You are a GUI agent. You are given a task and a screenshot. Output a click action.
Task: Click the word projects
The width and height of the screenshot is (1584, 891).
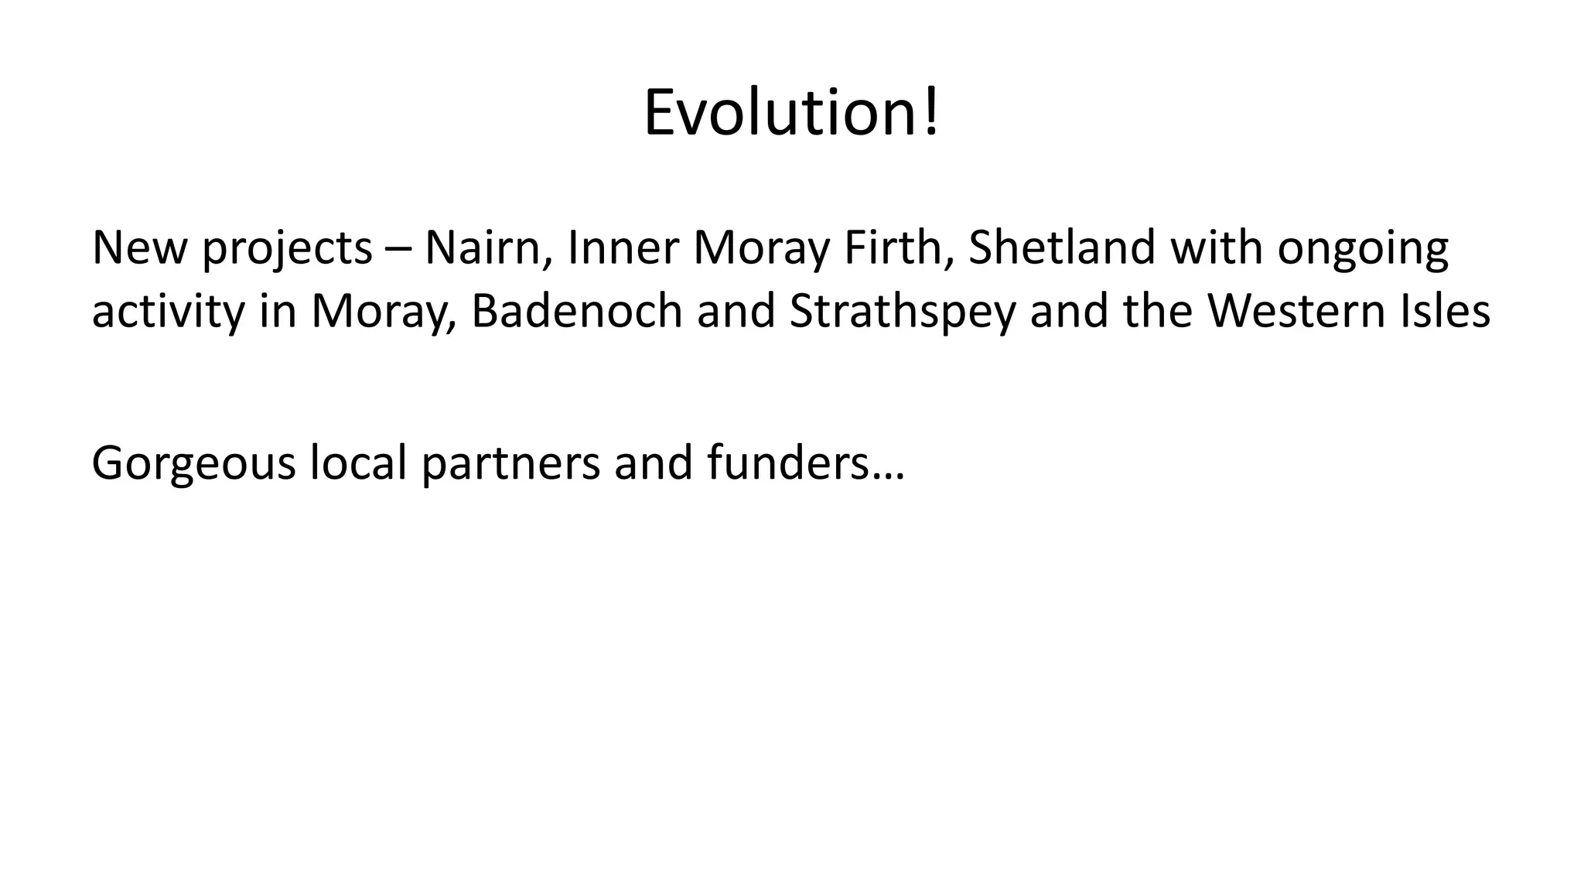pyautogui.click(x=287, y=249)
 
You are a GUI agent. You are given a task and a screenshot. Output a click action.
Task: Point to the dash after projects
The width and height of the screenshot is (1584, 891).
pyautogui.click(x=398, y=249)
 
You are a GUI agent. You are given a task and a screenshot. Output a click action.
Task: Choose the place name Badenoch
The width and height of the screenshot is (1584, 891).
pyautogui.click(x=576, y=311)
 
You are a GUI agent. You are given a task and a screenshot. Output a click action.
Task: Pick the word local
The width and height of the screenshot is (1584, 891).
pyautogui.click(x=358, y=463)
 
